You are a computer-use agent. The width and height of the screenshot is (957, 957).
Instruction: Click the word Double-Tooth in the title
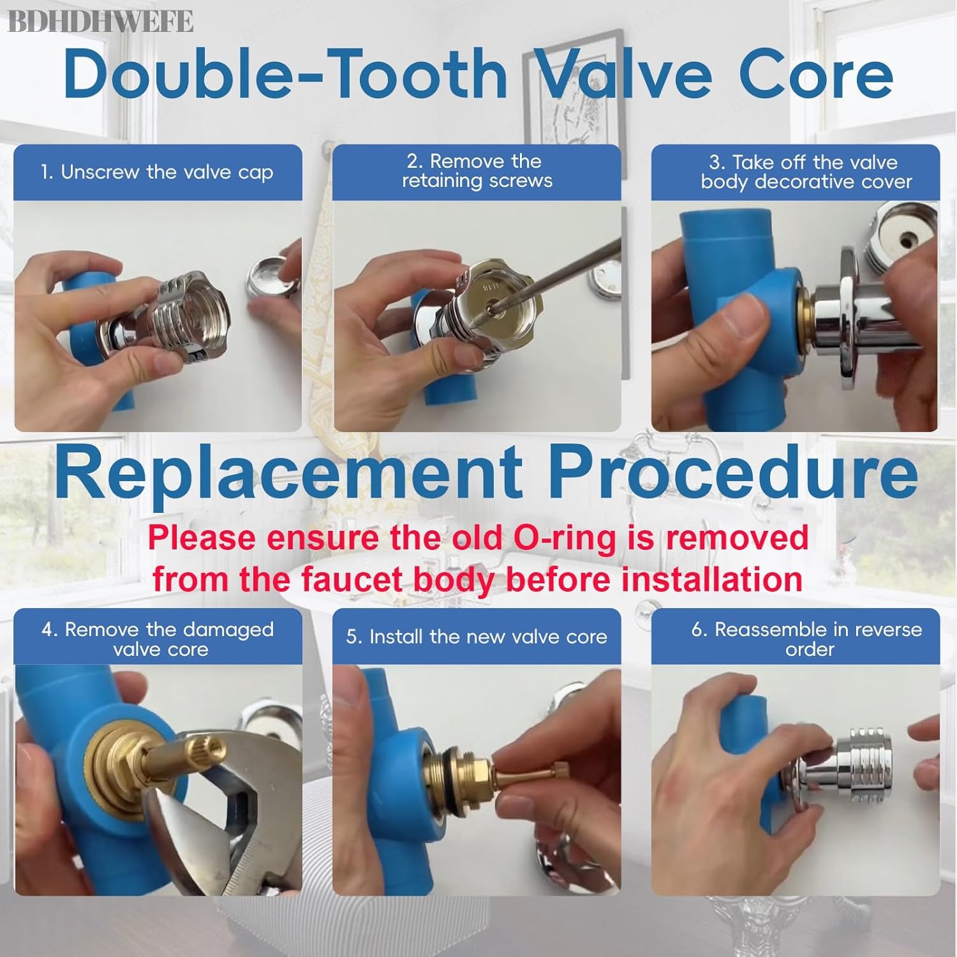pyautogui.click(x=285, y=74)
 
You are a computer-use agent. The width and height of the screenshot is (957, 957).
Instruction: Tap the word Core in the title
pyautogui.click(x=816, y=75)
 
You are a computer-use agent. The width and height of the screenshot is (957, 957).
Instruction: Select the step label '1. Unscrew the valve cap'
pyautogui.click(x=157, y=172)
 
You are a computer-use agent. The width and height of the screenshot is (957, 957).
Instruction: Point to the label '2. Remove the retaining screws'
pyautogui.click(x=477, y=170)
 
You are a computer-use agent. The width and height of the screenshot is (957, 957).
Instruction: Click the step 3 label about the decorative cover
pyautogui.click(x=806, y=172)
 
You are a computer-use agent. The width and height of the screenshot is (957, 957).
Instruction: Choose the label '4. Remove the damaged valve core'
pyautogui.click(x=158, y=639)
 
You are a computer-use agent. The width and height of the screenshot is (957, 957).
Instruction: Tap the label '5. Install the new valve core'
pyautogui.click(x=477, y=637)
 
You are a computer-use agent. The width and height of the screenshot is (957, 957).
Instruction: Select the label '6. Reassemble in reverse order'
pyautogui.click(x=806, y=639)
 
